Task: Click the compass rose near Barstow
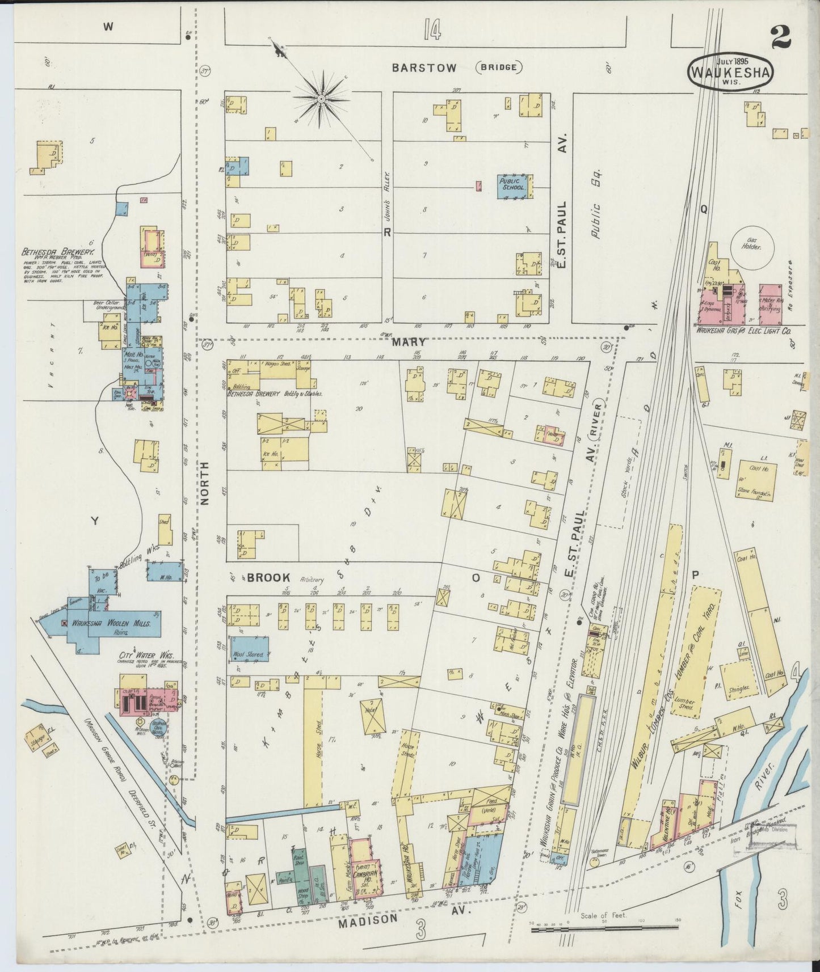click(x=321, y=99)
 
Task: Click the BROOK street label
click(x=268, y=577)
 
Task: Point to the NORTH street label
click(x=205, y=482)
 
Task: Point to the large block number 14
click(x=431, y=28)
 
